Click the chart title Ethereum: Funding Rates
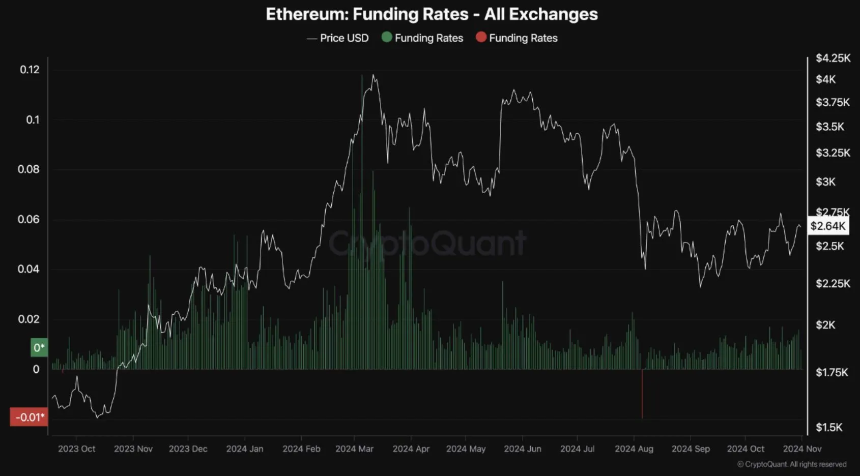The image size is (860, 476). coord(432,14)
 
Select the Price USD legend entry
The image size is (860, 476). coord(338,38)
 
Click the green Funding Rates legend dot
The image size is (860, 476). coord(387,37)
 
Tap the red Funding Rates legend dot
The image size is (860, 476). coord(481,37)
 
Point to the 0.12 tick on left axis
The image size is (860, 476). coord(30,70)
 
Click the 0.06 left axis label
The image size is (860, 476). coord(28,219)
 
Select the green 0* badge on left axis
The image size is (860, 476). coord(39,348)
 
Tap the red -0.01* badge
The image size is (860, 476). coord(30,418)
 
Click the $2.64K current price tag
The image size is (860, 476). coord(828,226)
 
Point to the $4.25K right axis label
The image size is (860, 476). coord(833,58)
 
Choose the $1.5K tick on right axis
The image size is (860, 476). coord(829,427)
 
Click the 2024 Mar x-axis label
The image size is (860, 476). coord(354,449)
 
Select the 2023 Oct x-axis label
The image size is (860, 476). coord(76,449)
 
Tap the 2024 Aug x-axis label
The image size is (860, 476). coord(634,449)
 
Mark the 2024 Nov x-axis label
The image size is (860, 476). coord(801,449)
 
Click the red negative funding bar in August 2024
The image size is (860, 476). coord(642,394)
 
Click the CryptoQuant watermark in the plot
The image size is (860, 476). coord(427,243)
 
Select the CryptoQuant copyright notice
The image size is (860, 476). coord(792,464)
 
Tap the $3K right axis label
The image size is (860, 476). coord(825,182)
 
